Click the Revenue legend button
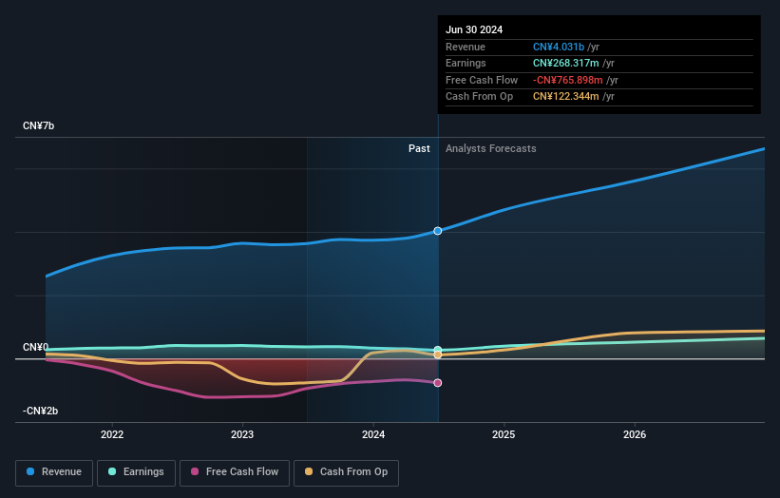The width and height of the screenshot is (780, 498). tap(54, 471)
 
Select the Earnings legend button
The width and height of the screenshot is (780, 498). tap(135, 471)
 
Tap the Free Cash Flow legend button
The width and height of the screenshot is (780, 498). tap(234, 471)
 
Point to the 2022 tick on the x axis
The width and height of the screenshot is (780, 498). tap(112, 434)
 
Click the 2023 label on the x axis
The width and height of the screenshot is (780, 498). tap(242, 434)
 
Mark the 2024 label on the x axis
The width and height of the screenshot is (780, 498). tap(373, 434)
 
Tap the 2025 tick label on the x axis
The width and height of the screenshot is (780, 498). tap(504, 434)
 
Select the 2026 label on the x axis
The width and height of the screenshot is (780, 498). tap(635, 434)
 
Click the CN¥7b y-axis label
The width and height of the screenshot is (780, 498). tap(39, 126)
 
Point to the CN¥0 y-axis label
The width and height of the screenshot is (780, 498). tap(35, 348)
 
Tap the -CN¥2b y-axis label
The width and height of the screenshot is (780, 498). tap(40, 411)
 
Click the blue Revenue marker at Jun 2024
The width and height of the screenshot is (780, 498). tap(438, 231)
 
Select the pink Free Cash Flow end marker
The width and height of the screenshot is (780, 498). tap(438, 383)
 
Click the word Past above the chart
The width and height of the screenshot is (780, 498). tap(419, 148)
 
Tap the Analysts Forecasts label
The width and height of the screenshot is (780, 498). tap(490, 148)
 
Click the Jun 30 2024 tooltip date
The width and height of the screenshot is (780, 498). tap(474, 29)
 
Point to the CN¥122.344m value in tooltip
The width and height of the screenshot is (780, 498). tap(567, 96)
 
